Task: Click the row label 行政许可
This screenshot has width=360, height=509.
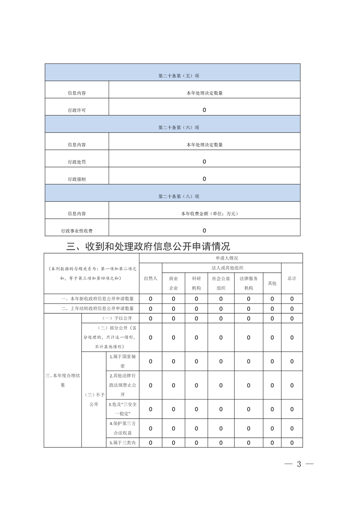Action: pyautogui.click(x=77, y=110)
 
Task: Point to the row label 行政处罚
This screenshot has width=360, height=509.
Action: pyautogui.click(x=77, y=162)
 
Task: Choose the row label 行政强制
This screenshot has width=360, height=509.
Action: pyautogui.click(x=77, y=179)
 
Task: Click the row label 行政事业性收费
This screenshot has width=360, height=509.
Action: pyautogui.click(x=77, y=231)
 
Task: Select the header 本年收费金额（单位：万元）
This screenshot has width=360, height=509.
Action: pyautogui.click(x=204, y=214)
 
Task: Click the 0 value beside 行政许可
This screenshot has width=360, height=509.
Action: pyautogui.click(x=204, y=110)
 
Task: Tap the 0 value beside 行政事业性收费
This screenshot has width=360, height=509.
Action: pyautogui.click(x=204, y=230)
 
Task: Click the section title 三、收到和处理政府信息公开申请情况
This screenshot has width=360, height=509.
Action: pyautogui.click(x=148, y=246)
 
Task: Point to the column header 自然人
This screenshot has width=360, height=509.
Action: pyautogui.click(x=150, y=278)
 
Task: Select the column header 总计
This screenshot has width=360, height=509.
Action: pyautogui.click(x=292, y=278)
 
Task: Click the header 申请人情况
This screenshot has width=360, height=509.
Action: pyautogui.click(x=221, y=258)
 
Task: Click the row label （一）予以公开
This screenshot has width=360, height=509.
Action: pyautogui.click(x=117, y=318)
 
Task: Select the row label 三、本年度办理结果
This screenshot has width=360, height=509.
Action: pyautogui.click(x=63, y=380)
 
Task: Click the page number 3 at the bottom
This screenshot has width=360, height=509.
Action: pyautogui.click(x=299, y=464)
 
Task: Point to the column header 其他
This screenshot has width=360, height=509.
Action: pyautogui.click(x=272, y=283)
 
